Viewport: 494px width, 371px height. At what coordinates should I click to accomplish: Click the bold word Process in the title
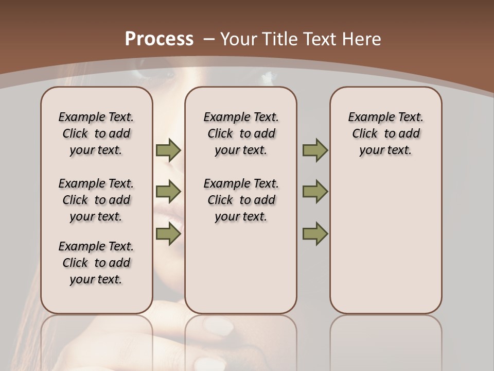[x=159, y=39]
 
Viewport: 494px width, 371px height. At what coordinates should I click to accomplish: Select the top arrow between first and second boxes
[x=168, y=150]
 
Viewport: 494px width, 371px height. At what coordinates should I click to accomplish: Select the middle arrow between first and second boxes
[x=168, y=192]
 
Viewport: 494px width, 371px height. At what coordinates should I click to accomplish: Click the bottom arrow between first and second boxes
[x=168, y=233]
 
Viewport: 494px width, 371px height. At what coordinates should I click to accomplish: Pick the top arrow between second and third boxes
[x=315, y=150]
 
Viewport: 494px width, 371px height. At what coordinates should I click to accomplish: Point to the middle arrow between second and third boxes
[x=315, y=192]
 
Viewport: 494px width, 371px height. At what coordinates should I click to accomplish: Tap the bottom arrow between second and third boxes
[x=315, y=233]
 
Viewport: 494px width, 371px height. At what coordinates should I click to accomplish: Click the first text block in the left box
[x=96, y=133]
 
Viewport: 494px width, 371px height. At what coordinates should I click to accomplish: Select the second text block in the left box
[x=96, y=200]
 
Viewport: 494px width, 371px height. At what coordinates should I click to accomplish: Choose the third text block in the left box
[x=96, y=263]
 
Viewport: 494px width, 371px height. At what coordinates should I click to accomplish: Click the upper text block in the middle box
[x=241, y=133]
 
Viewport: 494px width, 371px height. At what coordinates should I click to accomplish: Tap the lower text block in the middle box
[x=241, y=200]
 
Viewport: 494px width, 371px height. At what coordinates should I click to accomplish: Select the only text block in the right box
[x=386, y=133]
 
